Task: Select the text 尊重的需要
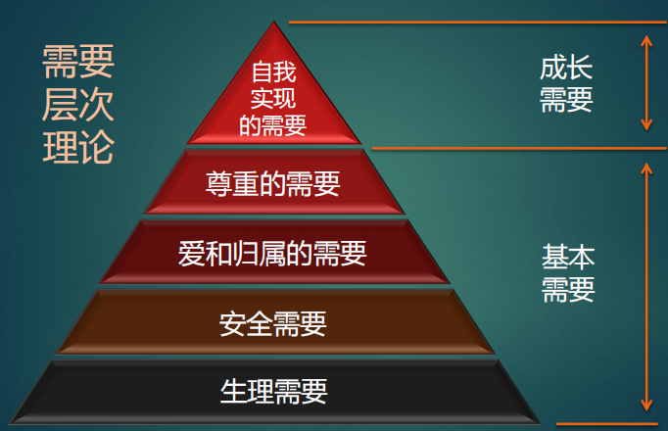coord(273,184)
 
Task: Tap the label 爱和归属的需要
coord(273,255)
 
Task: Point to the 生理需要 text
coord(273,392)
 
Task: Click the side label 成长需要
coord(566,84)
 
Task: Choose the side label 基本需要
coord(568,273)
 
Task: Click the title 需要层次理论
coord(78,106)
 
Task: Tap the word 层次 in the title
coord(78,106)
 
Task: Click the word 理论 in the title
coord(78,148)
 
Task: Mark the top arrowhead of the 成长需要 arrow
coord(645,38)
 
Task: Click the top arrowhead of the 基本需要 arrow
coord(645,168)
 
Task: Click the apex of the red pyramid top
coord(274,25)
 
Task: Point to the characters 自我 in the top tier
coord(273,72)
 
